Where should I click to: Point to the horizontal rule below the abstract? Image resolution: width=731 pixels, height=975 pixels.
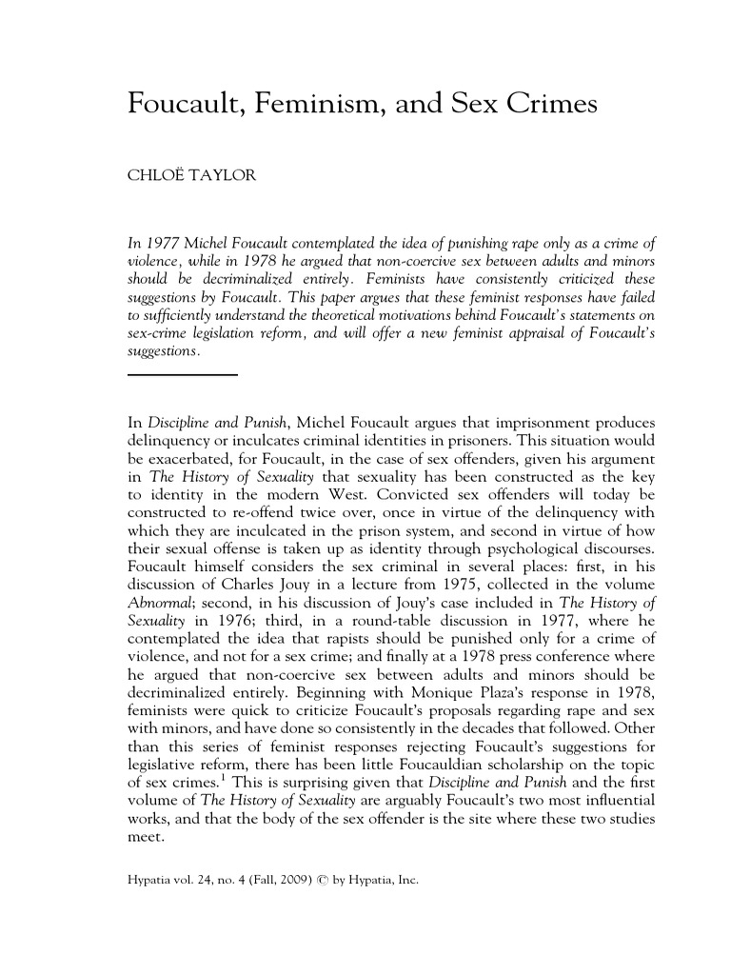(182, 375)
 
